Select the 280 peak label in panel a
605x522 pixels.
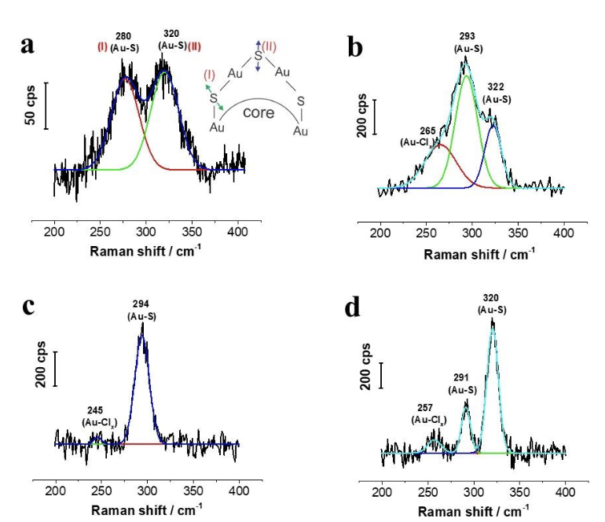(x=123, y=35)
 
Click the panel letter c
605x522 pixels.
(x=29, y=305)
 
